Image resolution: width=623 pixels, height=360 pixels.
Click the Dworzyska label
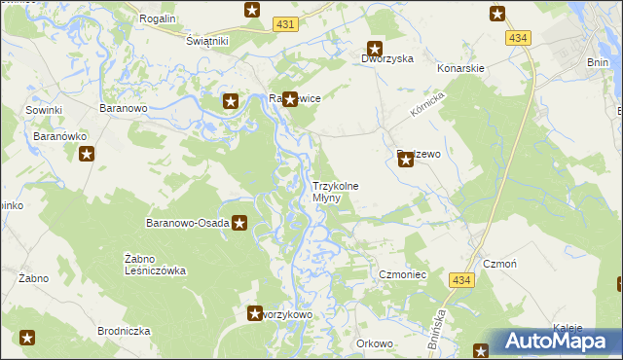tap(388, 58)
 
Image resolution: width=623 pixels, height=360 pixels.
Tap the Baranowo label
tap(123, 108)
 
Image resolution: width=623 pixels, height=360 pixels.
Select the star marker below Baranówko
tap(87, 153)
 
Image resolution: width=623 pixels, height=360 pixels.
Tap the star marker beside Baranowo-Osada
tap(238, 223)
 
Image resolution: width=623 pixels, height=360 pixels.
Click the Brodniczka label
tap(124, 331)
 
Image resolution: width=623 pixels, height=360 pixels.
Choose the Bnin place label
tap(598, 61)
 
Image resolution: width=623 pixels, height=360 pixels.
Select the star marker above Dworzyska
tap(374, 47)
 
